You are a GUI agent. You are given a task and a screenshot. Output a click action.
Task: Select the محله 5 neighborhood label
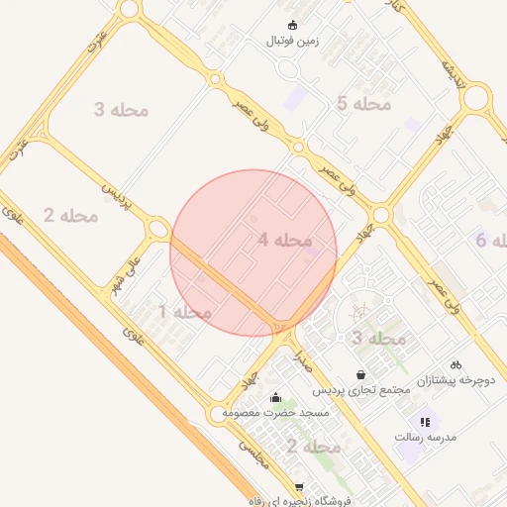pyautogui.click(x=363, y=103)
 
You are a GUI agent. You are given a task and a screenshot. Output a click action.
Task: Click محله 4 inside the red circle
pyautogui.click(x=285, y=240)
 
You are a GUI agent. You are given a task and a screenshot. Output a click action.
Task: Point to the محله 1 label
pyautogui.click(x=185, y=312)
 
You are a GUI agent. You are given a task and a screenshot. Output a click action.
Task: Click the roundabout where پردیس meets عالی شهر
pyautogui.click(x=156, y=230)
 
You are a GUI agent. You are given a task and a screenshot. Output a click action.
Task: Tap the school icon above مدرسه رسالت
pyautogui.click(x=425, y=422)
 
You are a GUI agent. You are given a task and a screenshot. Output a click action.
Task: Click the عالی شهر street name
pyautogui.click(x=131, y=263)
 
